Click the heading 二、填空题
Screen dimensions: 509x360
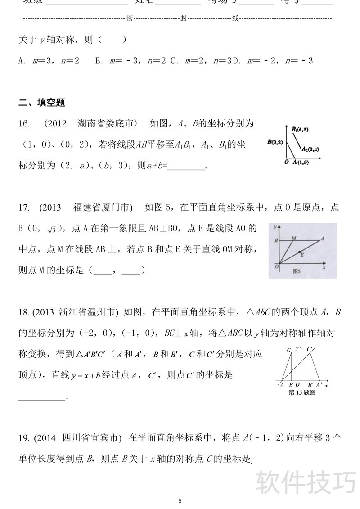[42, 103]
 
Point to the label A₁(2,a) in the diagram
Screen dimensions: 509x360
[310, 149]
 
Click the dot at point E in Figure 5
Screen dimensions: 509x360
[299, 252]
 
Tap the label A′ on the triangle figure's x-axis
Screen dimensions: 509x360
[319, 385]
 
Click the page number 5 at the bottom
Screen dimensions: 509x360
[180, 500]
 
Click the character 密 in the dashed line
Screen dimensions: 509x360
[130, 18]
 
